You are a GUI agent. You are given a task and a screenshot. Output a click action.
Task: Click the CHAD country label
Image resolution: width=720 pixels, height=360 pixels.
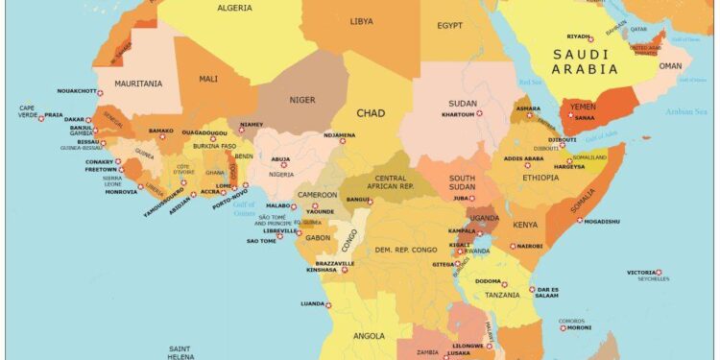(x=371, y=113)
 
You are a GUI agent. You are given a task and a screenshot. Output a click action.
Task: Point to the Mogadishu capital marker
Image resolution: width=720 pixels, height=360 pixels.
(x=579, y=221)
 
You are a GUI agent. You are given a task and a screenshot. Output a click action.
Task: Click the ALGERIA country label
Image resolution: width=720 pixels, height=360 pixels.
(x=235, y=8)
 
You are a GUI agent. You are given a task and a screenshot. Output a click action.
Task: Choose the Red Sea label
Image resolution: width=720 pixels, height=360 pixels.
(x=531, y=83)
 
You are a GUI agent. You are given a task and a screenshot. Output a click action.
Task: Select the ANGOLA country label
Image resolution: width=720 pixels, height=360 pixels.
(x=370, y=336)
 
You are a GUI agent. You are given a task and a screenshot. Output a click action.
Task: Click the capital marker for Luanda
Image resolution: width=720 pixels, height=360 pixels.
(x=327, y=304)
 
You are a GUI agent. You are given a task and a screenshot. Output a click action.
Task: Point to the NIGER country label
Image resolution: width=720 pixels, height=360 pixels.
(x=302, y=98)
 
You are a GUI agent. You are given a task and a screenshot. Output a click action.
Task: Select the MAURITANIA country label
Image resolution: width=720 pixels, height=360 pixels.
(x=138, y=84)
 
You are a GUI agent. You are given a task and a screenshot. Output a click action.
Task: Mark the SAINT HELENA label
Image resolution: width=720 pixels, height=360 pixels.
(x=182, y=351)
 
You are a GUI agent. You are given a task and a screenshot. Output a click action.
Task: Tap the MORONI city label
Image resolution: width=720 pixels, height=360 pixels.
(x=579, y=327)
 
